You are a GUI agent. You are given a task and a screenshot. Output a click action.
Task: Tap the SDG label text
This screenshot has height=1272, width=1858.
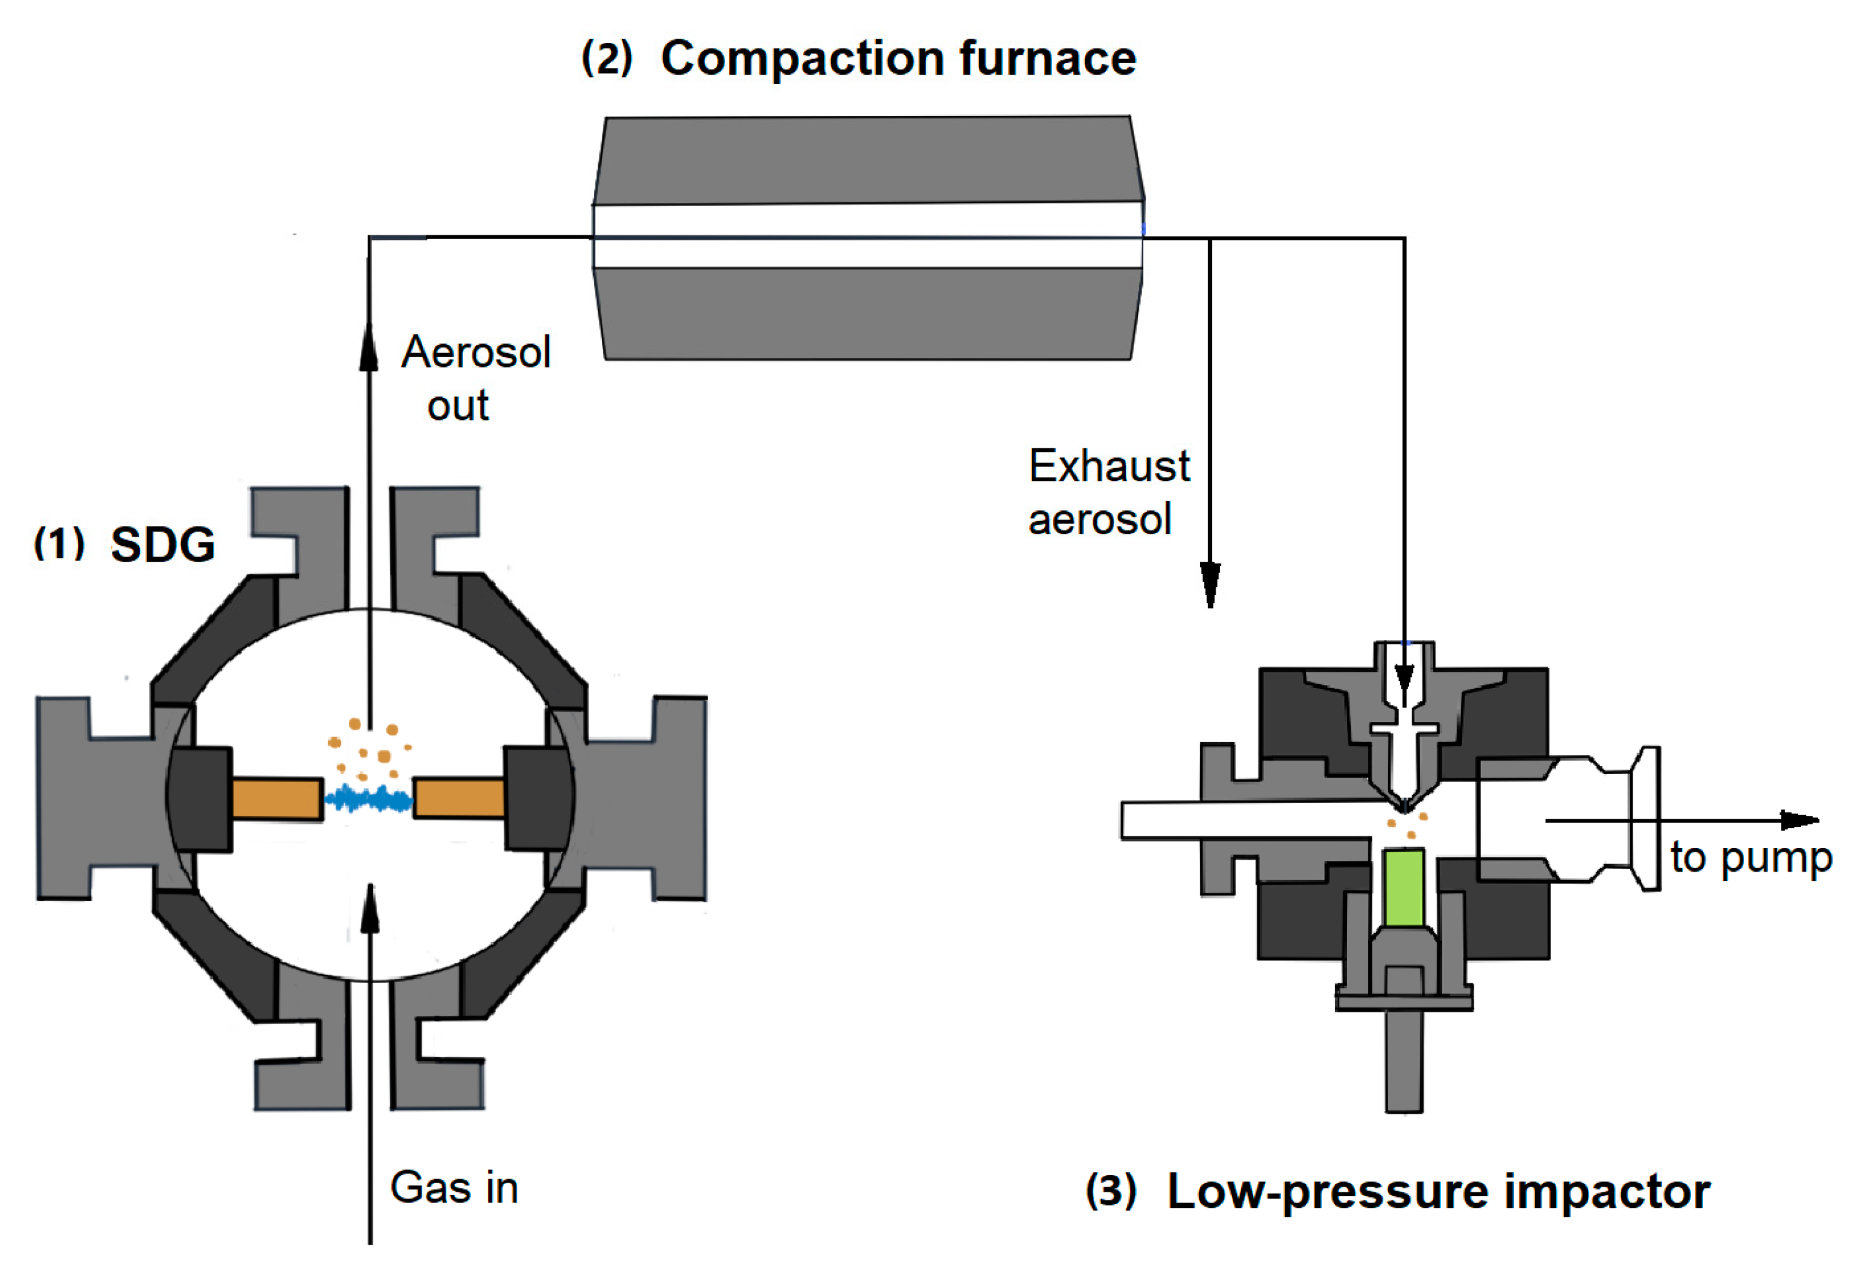pos(162,545)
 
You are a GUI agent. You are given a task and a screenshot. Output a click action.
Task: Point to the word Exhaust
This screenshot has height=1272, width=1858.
pos(1109,466)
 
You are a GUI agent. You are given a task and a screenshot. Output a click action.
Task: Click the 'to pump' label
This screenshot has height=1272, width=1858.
pos(1751,858)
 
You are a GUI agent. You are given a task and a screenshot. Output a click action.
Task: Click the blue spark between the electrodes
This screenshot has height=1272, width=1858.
pos(368,799)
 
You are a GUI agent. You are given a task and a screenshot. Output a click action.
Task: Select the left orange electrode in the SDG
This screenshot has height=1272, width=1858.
pos(276,799)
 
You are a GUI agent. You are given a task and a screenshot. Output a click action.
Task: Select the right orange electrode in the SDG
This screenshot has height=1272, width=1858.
pos(460,798)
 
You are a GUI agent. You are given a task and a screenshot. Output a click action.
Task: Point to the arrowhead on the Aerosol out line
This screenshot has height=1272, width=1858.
pos(368,348)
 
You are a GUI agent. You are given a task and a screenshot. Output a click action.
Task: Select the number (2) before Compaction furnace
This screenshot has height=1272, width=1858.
pos(607,59)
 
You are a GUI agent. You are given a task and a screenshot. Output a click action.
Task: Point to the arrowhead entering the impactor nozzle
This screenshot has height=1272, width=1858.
pos(1405,686)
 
